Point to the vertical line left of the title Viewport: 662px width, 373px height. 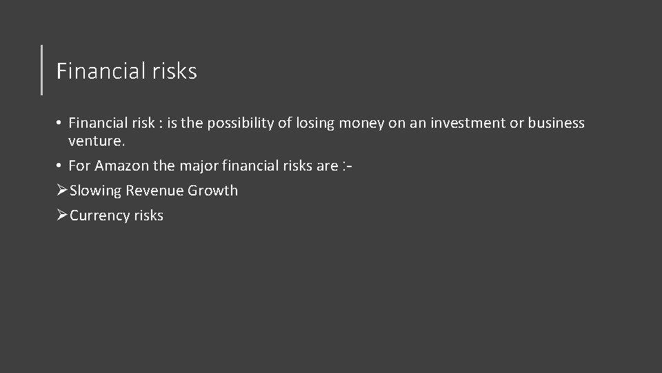point(42,69)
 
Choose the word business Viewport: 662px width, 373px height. point(556,124)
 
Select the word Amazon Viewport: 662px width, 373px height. point(121,166)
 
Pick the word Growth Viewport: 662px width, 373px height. point(212,191)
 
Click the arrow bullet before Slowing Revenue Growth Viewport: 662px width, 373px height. point(61,191)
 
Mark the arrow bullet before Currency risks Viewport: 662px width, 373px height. point(61,216)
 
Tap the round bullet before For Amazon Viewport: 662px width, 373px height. point(61,166)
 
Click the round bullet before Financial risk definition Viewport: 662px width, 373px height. point(61,124)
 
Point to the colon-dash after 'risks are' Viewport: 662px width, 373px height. point(349,166)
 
